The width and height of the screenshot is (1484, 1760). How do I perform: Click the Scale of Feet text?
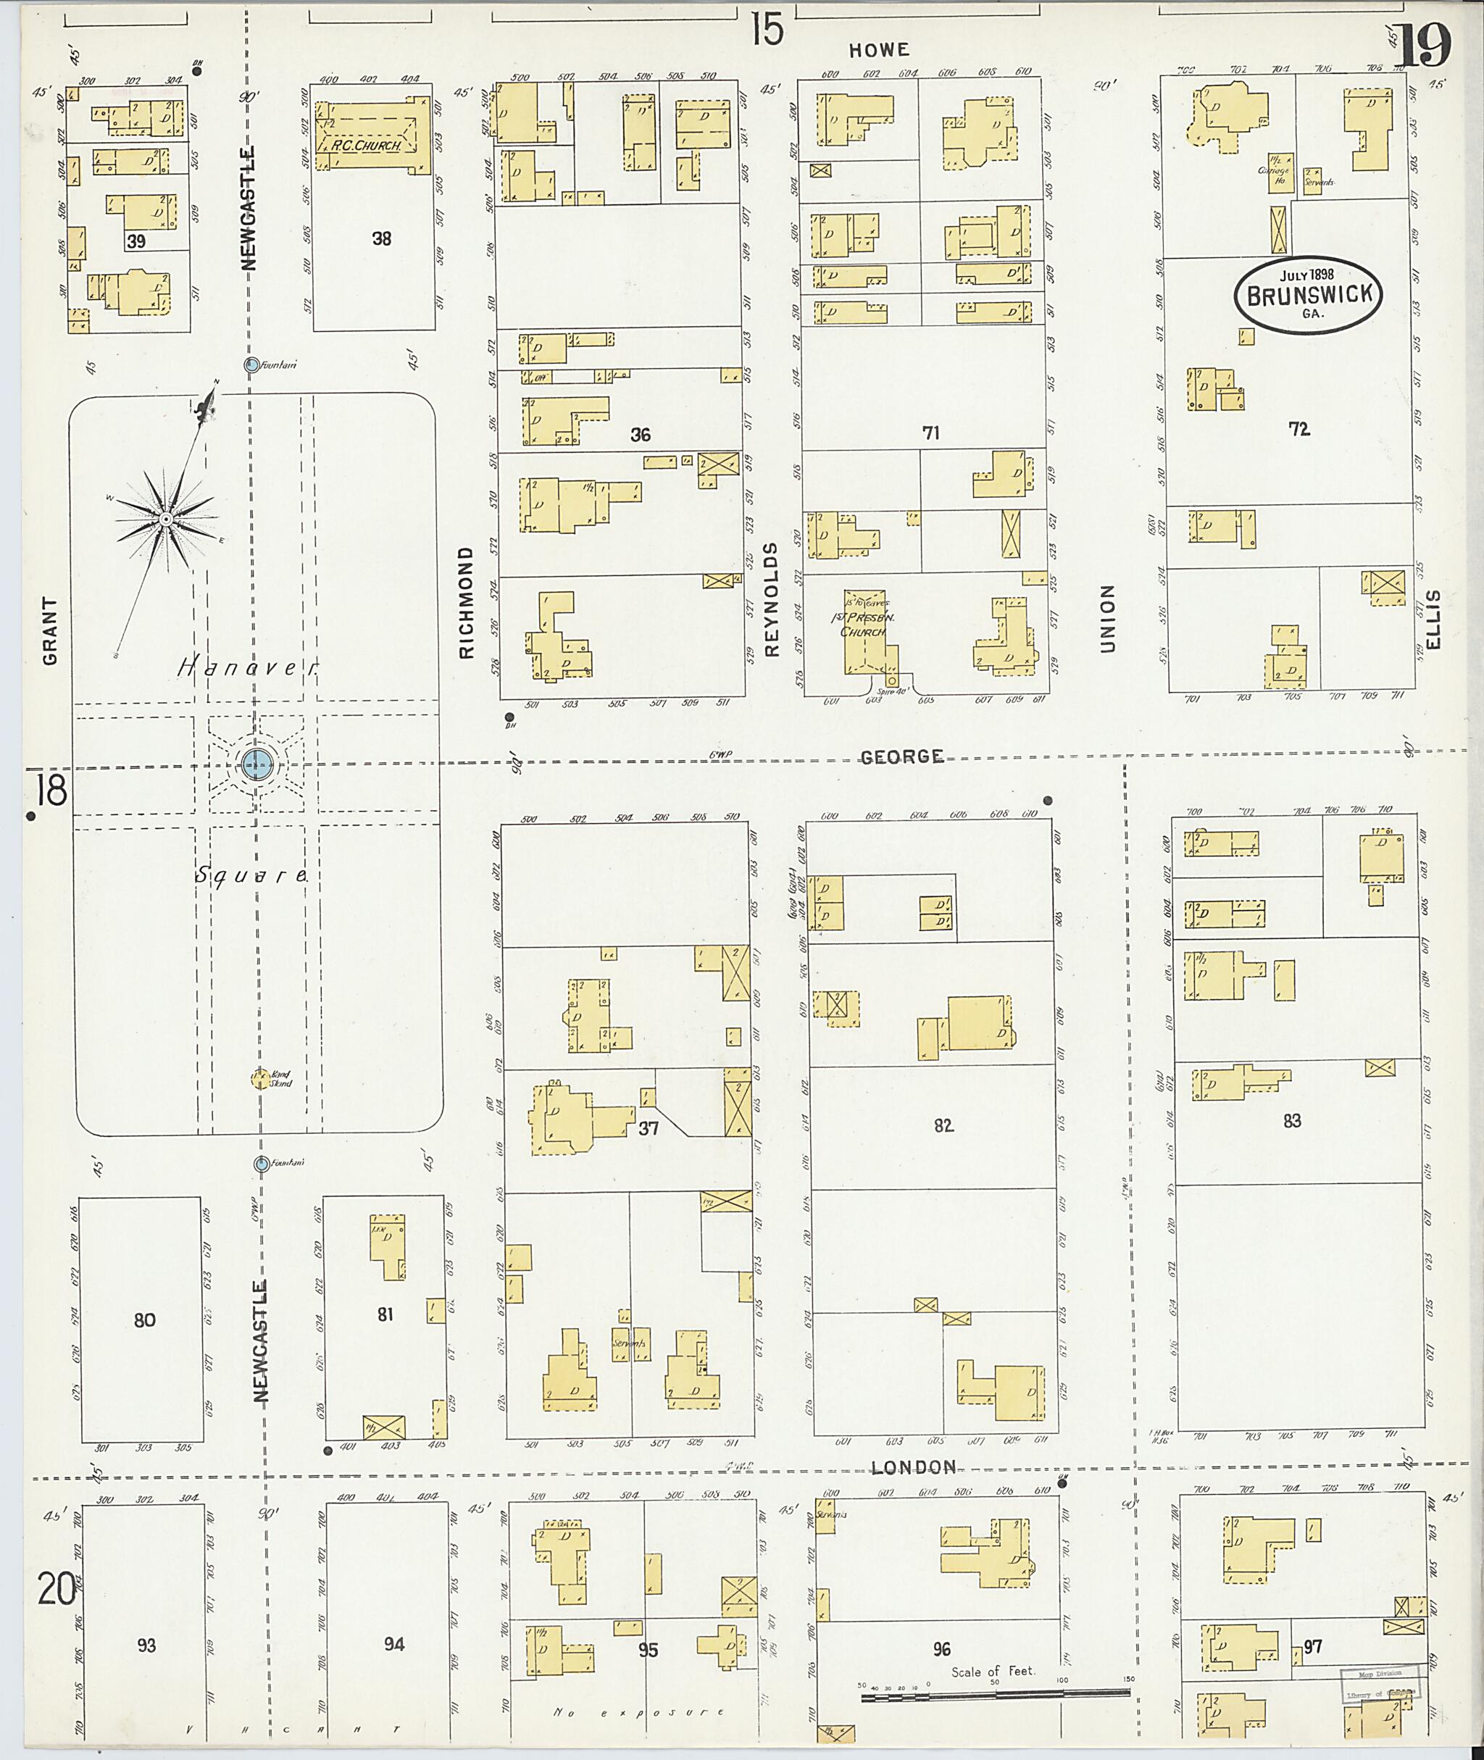[993, 1672]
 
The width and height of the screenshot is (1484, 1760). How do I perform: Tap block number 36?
[641, 435]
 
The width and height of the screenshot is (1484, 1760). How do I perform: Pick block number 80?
[145, 1319]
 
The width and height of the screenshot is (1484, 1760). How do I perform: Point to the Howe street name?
[878, 51]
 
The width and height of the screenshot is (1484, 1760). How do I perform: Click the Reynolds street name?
[772, 599]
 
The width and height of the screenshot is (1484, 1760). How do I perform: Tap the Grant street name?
[51, 631]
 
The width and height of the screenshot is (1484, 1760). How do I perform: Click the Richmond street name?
[466, 601]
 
